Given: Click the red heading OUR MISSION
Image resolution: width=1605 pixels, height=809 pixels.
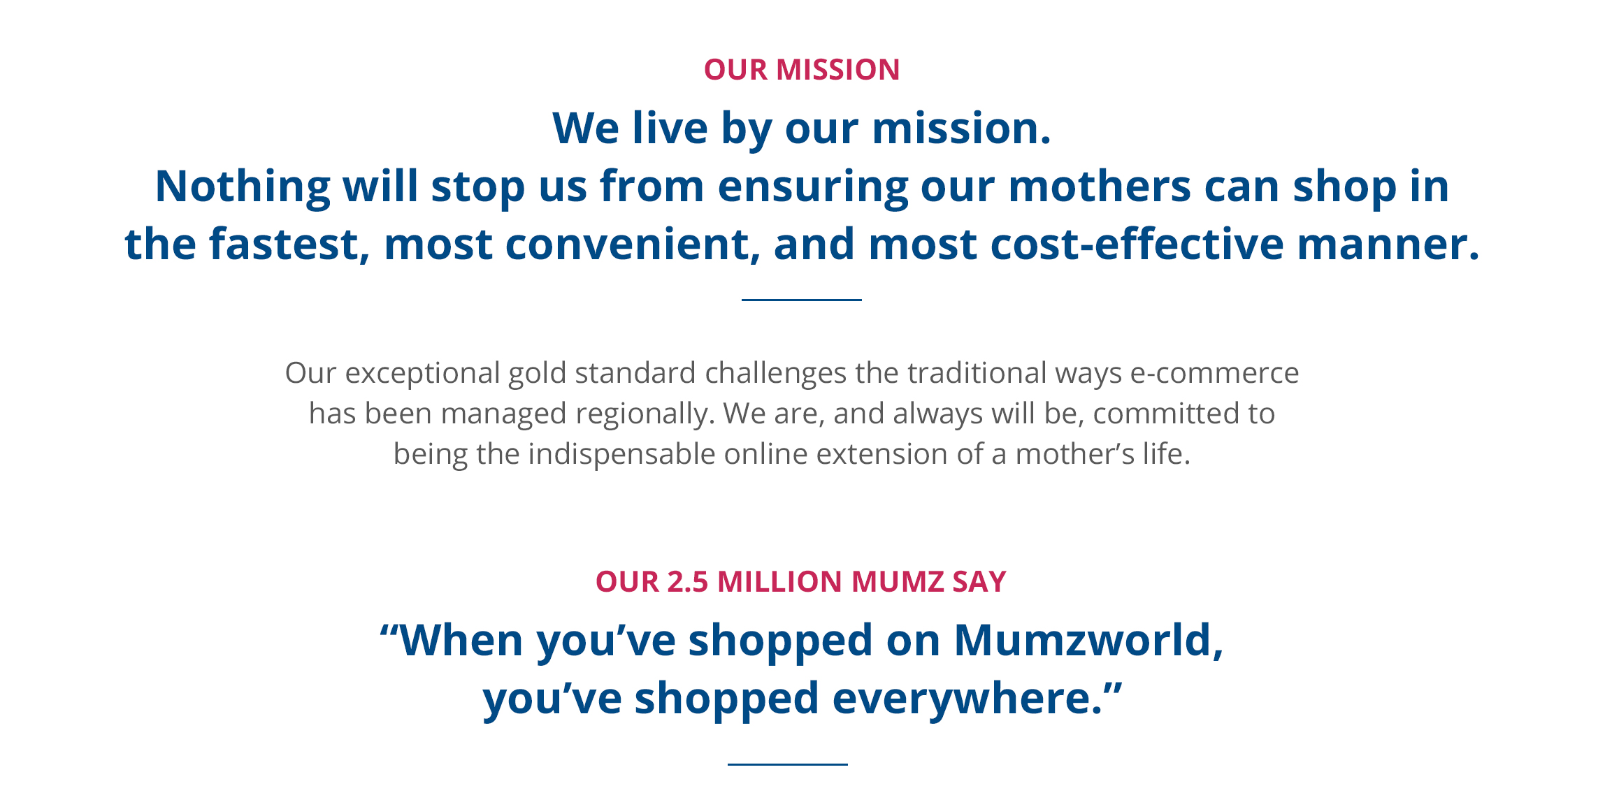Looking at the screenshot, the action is click(802, 70).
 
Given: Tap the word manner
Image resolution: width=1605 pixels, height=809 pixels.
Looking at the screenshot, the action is click(1388, 245).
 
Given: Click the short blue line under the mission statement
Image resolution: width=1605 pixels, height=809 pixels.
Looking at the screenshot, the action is click(802, 300).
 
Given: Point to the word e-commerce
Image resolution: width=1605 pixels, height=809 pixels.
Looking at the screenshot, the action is click(1214, 373).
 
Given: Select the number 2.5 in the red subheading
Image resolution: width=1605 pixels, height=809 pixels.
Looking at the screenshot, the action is click(687, 582).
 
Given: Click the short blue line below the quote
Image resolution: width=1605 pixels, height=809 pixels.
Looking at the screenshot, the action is click(788, 764).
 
